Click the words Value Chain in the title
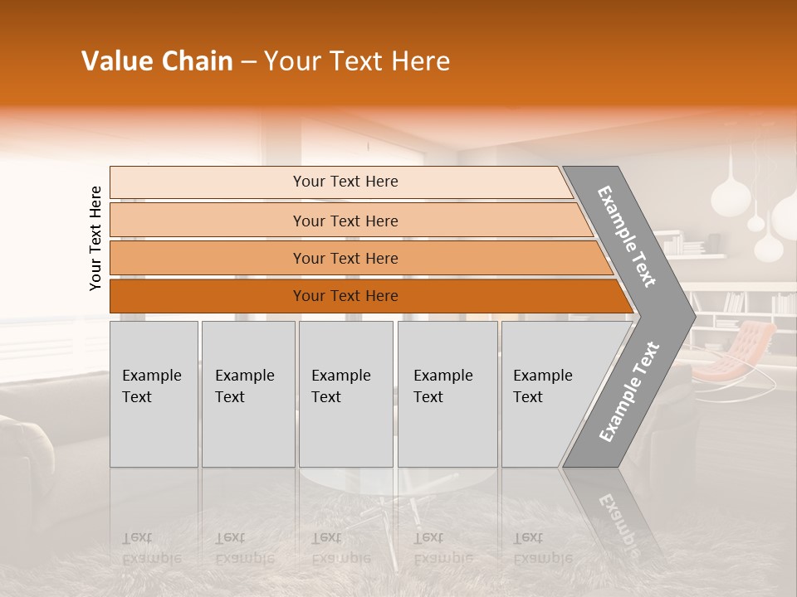coord(157,61)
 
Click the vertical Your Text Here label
coord(95,239)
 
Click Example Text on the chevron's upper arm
coord(627,236)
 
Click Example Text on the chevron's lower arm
coord(628,392)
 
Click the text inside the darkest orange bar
coord(345,296)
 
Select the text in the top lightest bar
coord(345,182)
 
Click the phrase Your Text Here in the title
coord(357,61)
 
